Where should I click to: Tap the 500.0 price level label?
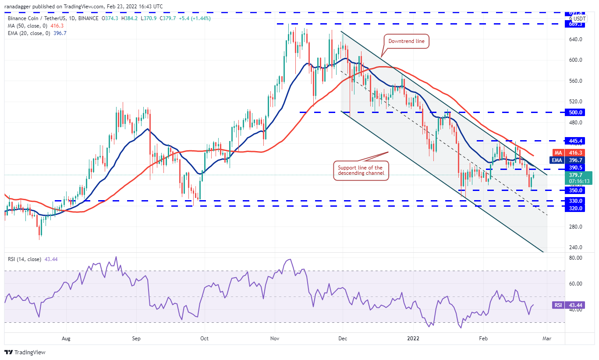(575, 112)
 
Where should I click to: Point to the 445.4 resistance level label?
(575, 141)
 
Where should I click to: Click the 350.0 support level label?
(575, 191)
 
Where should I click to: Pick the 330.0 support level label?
(575, 201)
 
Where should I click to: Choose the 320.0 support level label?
(575, 208)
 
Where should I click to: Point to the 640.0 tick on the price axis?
(575, 39)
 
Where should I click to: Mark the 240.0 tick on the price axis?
(575, 247)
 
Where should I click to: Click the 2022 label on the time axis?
(414, 339)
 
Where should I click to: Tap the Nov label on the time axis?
(275, 339)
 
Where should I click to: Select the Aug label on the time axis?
(66, 339)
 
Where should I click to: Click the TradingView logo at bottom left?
(25, 352)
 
